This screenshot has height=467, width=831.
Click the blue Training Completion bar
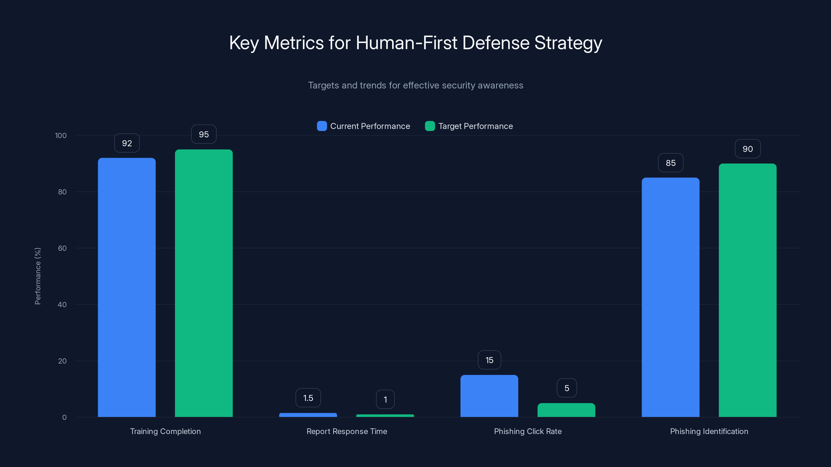coord(127,287)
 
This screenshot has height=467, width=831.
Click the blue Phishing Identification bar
coord(670,297)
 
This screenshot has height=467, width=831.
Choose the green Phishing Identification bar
coord(747,290)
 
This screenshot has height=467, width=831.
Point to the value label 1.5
coord(308,398)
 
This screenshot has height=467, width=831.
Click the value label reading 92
coord(127,143)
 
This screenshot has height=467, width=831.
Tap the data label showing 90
coord(747,149)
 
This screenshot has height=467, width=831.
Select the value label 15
coord(489,360)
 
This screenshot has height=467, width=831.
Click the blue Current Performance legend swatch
coord(322,126)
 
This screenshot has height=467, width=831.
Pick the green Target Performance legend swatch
coord(430,126)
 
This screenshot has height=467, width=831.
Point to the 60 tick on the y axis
coord(62,248)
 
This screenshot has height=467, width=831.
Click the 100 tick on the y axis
coord(61,135)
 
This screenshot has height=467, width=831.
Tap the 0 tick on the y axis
coord(64,417)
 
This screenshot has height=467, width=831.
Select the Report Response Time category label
coord(346,431)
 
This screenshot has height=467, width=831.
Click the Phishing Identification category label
coord(709,431)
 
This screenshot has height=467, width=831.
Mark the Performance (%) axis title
coord(38,276)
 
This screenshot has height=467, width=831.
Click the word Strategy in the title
coord(568,43)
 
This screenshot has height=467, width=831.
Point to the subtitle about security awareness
coord(415,85)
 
